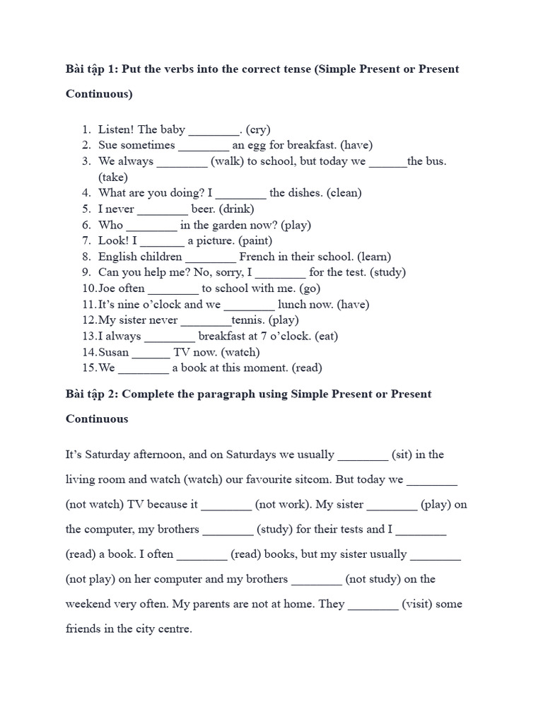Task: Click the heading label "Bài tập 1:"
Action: pos(92,69)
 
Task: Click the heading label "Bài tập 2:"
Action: pos(92,394)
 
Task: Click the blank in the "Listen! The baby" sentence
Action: pos(214,131)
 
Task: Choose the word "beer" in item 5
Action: pos(204,209)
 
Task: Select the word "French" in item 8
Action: pos(258,257)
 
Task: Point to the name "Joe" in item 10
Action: pos(107,288)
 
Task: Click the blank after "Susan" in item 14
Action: pos(151,353)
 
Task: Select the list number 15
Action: pos(88,368)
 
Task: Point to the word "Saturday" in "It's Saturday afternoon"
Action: pos(107,455)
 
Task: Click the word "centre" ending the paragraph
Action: pos(175,629)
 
